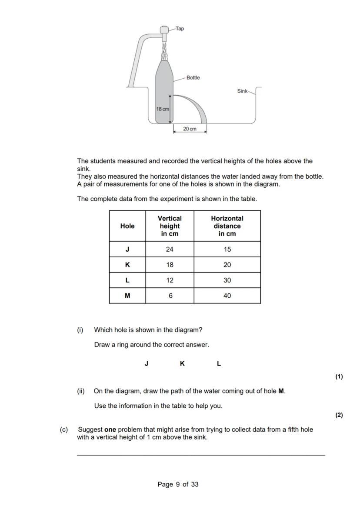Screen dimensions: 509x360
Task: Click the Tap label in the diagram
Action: [180, 29]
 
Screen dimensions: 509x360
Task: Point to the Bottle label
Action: [193, 78]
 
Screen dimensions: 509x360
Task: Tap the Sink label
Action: [242, 91]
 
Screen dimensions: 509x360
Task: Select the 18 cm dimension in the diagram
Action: [163, 109]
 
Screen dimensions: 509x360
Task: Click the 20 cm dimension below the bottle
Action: [190, 129]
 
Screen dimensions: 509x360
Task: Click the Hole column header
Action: [127, 226]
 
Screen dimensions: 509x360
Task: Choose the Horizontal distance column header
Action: [227, 226]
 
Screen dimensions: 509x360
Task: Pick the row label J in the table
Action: [127, 250]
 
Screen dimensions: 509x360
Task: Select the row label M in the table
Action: [127, 296]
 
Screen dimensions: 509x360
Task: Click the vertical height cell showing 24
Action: [170, 250]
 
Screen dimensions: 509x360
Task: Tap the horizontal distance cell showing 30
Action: [227, 280]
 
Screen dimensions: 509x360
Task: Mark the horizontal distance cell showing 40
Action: [227, 296]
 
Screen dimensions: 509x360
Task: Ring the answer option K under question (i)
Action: [182, 364]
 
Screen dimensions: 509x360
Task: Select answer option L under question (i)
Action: [219, 364]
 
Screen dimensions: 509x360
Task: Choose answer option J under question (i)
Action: [147, 364]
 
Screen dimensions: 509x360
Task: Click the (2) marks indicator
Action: [339, 415]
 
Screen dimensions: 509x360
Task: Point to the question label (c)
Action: [64, 429]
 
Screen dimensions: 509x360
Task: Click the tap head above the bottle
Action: [164, 30]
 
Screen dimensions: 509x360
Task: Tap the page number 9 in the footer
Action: [178, 484]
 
